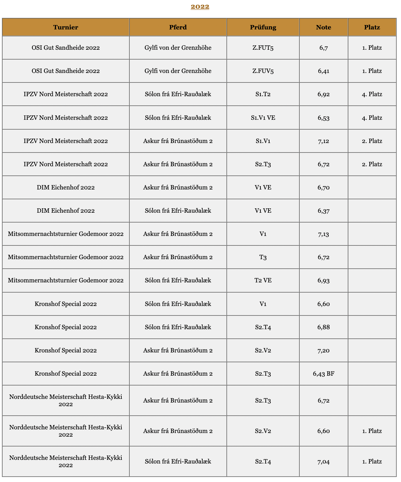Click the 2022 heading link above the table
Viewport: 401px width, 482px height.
pos(200,7)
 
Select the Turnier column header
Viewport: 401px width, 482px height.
pos(65,27)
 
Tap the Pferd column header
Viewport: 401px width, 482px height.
pos(178,27)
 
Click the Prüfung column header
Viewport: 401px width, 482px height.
pos(263,27)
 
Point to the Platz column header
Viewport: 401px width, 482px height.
pos(372,27)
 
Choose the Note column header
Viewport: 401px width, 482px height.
pos(323,27)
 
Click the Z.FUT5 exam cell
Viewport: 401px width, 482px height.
pos(263,48)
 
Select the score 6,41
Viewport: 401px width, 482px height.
pos(323,71)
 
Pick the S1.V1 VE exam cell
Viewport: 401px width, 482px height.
pos(263,118)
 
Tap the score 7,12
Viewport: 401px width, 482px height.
pos(323,141)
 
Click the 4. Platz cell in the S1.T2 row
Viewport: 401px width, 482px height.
pos(372,94)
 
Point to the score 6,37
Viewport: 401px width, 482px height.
pos(323,211)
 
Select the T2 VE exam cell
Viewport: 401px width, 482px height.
pos(263,280)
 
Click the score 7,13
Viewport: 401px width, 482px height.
pos(323,234)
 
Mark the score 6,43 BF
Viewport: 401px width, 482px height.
pos(323,373)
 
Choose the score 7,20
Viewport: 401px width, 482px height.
pos(323,350)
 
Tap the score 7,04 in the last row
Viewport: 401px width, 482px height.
pos(323,461)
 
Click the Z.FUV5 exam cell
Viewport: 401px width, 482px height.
pos(263,71)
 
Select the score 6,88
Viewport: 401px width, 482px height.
pos(323,327)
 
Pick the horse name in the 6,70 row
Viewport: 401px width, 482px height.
pos(178,187)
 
